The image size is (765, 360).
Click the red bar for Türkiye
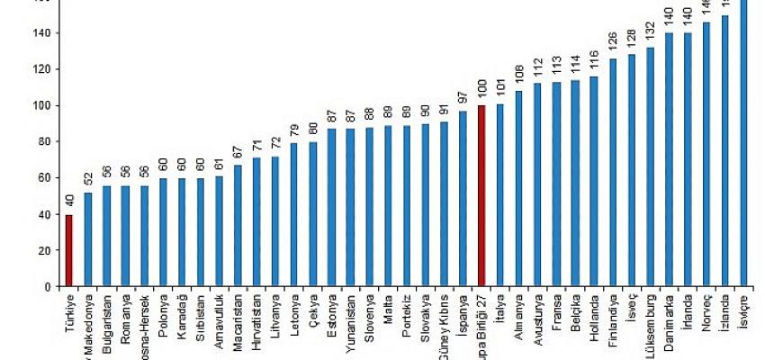[69, 251]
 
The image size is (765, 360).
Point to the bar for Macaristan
[238, 226]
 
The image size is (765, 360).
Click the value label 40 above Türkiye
[69, 202]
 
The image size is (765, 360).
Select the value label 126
[614, 43]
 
